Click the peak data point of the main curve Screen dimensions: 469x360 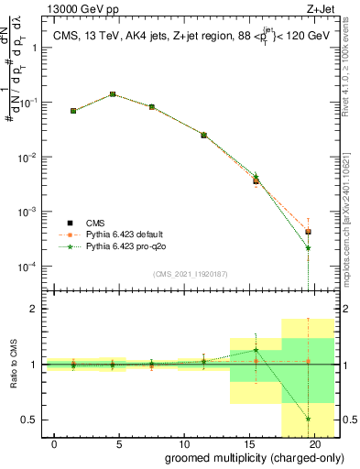tap(113, 93)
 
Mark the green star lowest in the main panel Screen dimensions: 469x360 tap(309, 247)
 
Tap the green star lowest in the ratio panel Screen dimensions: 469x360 tap(309, 418)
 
